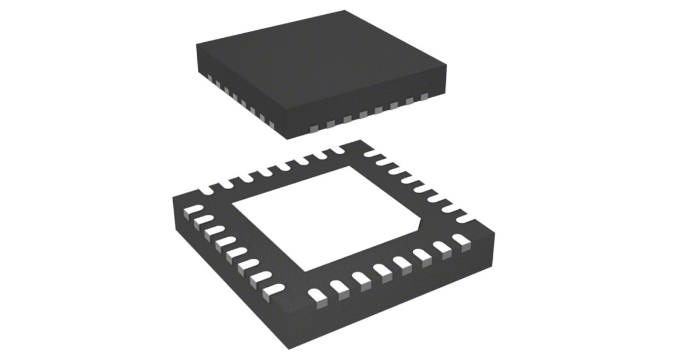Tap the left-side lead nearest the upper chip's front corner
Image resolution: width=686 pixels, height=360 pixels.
[x=270, y=123]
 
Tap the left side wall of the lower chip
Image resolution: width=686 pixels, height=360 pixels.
[x=229, y=291]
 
